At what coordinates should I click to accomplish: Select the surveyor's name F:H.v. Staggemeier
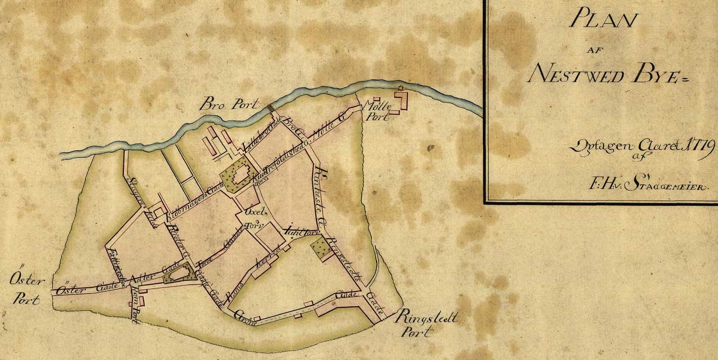pyautogui.click(x=650, y=185)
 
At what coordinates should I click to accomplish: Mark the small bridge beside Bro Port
pyautogui.click(x=271, y=108)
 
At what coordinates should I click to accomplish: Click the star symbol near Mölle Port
pyautogui.click(x=400, y=89)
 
